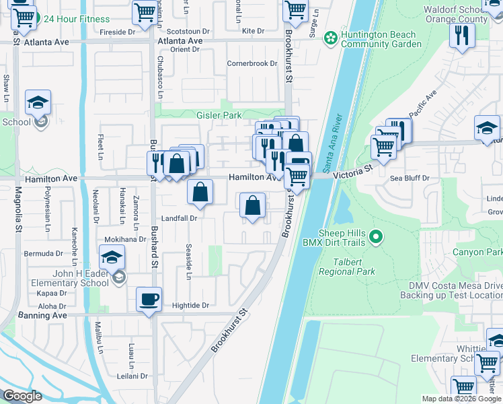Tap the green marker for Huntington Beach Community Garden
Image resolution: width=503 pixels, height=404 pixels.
pyautogui.click(x=330, y=38)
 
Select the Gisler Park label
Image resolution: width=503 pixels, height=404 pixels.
pyautogui.click(x=219, y=115)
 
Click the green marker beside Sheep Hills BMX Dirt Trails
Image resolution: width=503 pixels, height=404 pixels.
pyautogui.click(x=377, y=236)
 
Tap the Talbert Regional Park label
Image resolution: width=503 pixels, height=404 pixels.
pyautogui.click(x=353, y=267)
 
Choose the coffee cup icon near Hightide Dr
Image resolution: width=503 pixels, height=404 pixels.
pyautogui.click(x=149, y=299)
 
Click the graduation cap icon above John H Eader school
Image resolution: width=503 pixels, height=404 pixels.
pyautogui.click(x=112, y=257)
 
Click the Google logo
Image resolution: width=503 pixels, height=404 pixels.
pyautogui.click(x=22, y=396)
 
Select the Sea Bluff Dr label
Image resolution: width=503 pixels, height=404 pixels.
pyautogui.click(x=410, y=178)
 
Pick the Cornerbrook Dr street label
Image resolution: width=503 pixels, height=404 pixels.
pyautogui.click(x=252, y=64)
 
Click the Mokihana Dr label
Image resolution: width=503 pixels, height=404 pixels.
pyautogui.click(x=124, y=239)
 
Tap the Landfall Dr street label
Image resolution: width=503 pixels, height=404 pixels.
pyautogui.click(x=179, y=218)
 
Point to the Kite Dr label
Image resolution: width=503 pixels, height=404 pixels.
pyautogui.click(x=253, y=31)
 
